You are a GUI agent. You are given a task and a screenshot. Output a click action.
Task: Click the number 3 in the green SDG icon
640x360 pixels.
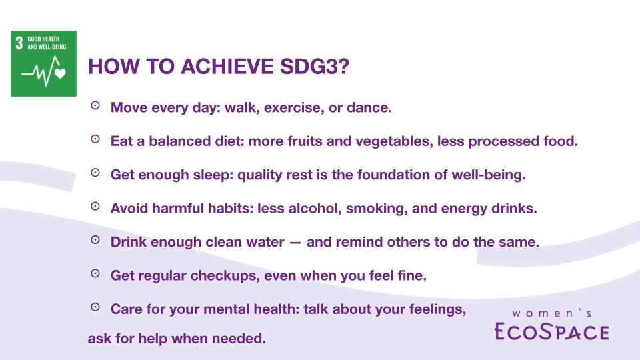(19, 43)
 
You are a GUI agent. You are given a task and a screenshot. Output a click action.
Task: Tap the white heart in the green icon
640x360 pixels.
(61, 73)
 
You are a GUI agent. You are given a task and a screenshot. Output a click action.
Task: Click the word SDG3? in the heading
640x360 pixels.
(315, 67)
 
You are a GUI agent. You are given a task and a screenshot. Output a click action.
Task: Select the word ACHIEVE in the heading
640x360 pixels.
(227, 67)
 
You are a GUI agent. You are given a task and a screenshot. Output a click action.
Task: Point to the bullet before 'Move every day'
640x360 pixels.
(95, 106)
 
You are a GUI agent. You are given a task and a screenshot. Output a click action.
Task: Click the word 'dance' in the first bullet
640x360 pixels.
(369, 107)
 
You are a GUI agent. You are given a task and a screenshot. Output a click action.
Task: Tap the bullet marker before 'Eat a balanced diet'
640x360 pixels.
(95, 139)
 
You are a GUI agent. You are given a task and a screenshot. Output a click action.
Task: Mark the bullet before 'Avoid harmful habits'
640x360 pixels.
(95, 206)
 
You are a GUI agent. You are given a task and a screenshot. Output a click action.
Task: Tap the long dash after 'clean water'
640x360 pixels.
(295, 243)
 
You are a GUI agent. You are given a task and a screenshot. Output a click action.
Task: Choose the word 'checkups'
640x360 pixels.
(225, 276)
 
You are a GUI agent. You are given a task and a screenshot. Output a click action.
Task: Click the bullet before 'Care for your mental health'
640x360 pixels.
(95, 307)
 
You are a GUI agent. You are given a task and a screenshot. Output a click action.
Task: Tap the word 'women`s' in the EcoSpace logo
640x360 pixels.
(552, 313)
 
